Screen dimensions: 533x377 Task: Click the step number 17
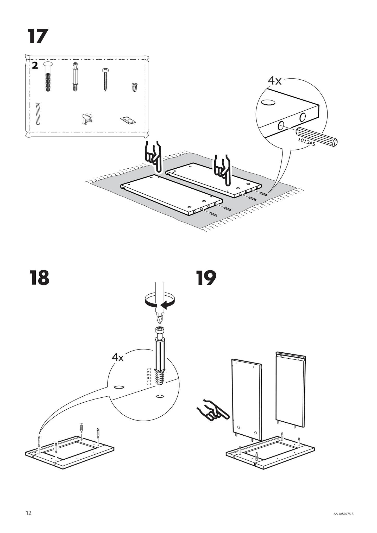tap(38, 36)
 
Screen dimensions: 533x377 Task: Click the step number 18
tap(39, 278)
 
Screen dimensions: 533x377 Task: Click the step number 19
tap(206, 278)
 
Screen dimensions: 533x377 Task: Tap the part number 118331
tap(149, 377)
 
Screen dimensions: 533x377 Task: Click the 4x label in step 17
tap(275, 81)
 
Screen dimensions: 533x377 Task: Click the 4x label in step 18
tap(118, 358)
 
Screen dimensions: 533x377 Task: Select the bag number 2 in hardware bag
tap(35, 66)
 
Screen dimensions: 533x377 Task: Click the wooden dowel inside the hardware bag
tap(38, 113)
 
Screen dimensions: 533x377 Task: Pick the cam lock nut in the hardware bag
tap(87, 118)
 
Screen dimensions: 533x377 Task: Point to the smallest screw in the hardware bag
tap(134, 87)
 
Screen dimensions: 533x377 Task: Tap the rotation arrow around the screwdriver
tap(159, 301)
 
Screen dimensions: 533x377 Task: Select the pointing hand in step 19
tap(213, 412)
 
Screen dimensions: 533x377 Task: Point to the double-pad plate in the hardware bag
tap(128, 120)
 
